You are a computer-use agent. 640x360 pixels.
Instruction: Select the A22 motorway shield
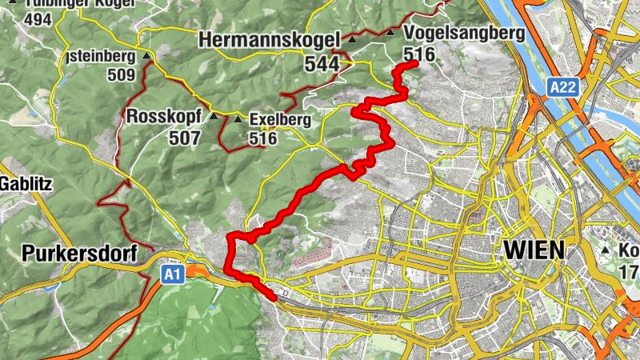tap(562, 86)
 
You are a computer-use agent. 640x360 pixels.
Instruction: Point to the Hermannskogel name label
tap(270, 38)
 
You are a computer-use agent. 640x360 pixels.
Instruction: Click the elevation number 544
tap(321, 63)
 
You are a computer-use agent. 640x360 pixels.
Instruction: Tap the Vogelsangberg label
tap(465, 33)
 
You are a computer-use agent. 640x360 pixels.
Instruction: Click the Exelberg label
tap(279, 120)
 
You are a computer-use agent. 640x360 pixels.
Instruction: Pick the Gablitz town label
tap(26, 184)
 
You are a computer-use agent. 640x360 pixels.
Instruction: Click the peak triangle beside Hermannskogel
tap(352, 38)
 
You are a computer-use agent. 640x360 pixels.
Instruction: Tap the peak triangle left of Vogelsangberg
tap(390, 33)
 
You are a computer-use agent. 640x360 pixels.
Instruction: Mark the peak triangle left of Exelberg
tap(238, 119)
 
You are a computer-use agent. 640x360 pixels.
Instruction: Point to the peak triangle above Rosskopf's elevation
tap(214, 116)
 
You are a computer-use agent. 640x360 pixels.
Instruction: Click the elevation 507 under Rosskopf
tap(184, 138)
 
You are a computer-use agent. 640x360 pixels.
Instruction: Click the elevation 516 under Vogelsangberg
tap(419, 54)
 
